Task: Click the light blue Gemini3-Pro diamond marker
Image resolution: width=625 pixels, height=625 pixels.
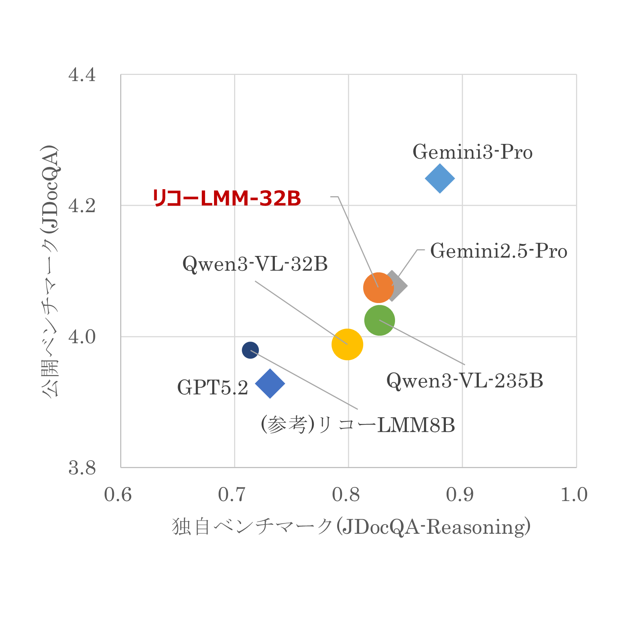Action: point(440,178)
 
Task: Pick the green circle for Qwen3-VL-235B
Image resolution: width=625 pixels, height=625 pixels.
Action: point(379,320)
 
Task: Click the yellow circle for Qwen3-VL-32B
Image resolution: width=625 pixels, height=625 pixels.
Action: point(347,344)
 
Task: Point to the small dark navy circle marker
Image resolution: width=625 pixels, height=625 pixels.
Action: point(250,350)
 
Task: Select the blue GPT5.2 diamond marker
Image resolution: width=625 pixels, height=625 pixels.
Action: point(270,384)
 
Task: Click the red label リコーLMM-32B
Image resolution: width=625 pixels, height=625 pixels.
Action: point(227,198)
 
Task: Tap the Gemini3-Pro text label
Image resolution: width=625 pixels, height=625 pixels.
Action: point(473,152)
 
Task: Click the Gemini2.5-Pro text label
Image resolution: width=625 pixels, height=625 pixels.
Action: point(499,251)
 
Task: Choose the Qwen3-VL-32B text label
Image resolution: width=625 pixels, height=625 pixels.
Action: point(255,264)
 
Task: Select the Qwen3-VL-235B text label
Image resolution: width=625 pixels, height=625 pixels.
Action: point(464,381)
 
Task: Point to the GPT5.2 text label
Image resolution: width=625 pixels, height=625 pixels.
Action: point(213,388)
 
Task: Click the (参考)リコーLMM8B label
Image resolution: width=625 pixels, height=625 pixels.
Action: point(358,425)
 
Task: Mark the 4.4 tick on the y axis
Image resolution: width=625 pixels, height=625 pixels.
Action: point(82,75)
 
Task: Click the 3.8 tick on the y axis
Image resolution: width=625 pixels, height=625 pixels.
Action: point(82,468)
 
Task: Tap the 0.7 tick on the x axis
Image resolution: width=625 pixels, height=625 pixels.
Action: point(232,495)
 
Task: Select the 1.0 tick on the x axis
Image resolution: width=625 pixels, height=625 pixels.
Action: point(574,495)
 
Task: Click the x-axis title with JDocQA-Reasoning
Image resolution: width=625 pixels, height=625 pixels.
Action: point(351,527)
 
